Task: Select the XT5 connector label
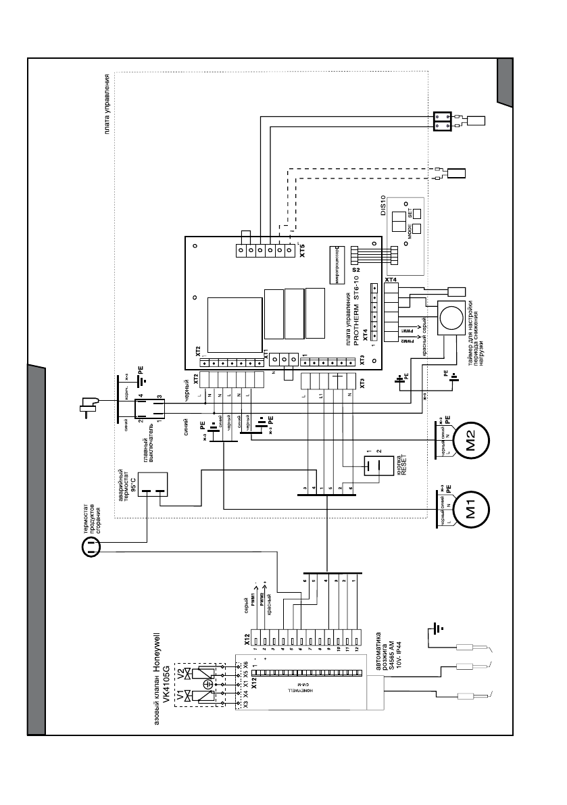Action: point(302,254)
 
